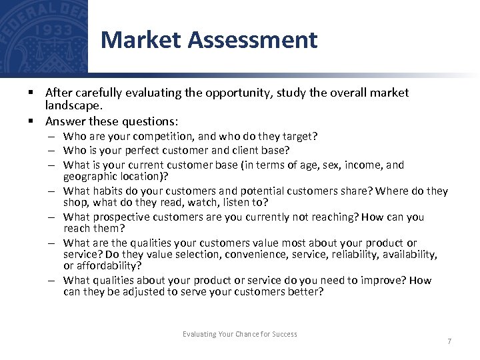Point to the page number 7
[x=449, y=341]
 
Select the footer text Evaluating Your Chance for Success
[x=240, y=334]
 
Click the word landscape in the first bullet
[x=73, y=105]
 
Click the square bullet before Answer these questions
[x=31, y=121]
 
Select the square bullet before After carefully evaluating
[x=31, y=93]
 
